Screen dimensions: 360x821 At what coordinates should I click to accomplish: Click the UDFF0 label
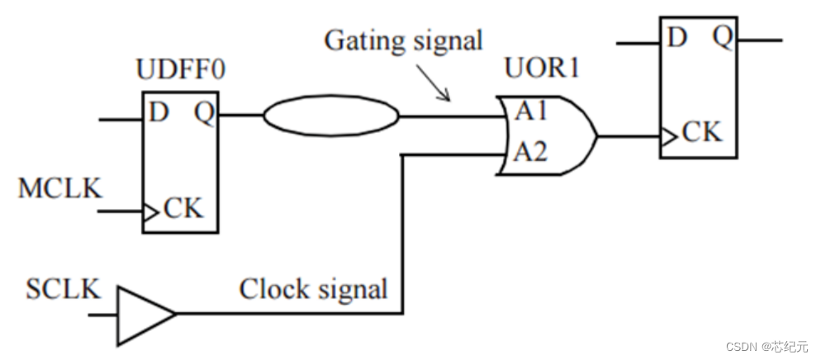(x=180, y=71)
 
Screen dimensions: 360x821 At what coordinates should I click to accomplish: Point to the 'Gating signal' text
(x=403, y=40)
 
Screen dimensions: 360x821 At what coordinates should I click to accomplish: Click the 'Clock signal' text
(x=313, y=290)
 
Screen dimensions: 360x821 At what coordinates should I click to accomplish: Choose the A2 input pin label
(x=530, y=152)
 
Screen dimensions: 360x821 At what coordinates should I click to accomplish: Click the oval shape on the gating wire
(x=331, y=116)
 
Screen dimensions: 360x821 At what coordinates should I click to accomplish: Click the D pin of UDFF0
(x=159, y=111)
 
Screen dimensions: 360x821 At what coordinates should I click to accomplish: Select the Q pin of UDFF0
(x=205, y=112)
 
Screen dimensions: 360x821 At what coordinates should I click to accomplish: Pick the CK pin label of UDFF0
(x=183, y=207)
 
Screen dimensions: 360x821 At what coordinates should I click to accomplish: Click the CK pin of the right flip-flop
(x=701, y=132)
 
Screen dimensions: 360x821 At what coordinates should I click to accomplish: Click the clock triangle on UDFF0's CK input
(x=149, y=211)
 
